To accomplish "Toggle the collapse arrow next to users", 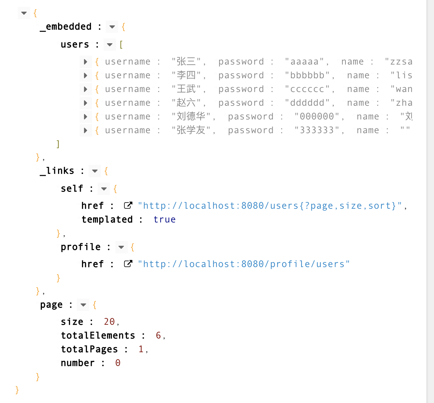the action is point(110,45).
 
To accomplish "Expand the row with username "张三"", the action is point(85,62).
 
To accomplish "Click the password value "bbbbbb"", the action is point(307,76).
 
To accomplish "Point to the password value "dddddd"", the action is point(307,103).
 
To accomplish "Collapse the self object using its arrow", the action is point(104,189).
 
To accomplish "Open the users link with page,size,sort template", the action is point(270,206).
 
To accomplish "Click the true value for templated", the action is point(164,220).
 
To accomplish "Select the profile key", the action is point(81,247).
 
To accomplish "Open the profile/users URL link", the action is point(244,264).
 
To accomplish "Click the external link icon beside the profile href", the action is point(128,264).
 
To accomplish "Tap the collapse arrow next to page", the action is point(83,305).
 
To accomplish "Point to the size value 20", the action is point(109,322).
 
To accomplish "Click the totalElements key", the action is point(98,336).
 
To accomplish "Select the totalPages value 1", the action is point(141,349).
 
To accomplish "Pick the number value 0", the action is point(118,363).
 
